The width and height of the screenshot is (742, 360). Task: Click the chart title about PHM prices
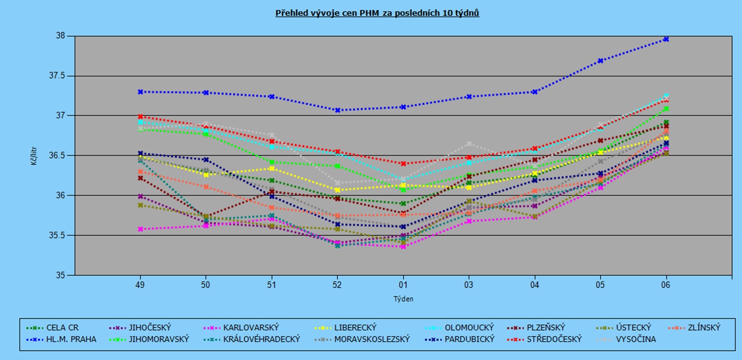[x=377, y=13]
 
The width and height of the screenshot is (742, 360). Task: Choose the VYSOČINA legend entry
[x=635, y=339]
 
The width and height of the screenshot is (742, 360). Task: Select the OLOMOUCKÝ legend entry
[x=468, y=327]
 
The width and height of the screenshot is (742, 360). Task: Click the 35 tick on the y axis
[x=63, y=275]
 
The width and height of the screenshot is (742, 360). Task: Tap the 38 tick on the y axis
[x=63, y=36]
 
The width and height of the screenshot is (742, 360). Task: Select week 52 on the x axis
[x=337, y=285]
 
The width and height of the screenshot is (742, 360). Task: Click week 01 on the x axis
[x=403, y=285]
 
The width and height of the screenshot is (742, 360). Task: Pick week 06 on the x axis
[x=666, y=285]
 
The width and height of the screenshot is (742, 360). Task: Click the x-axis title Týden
[x=403, y=299]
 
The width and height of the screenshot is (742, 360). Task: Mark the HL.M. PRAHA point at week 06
[x=666, y=39]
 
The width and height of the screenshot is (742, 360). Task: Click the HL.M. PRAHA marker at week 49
[x=141, y=92]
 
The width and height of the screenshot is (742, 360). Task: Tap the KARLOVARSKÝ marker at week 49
[x=141, y=229]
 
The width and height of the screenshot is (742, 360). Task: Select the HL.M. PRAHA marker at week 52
[x=337, y=110]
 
